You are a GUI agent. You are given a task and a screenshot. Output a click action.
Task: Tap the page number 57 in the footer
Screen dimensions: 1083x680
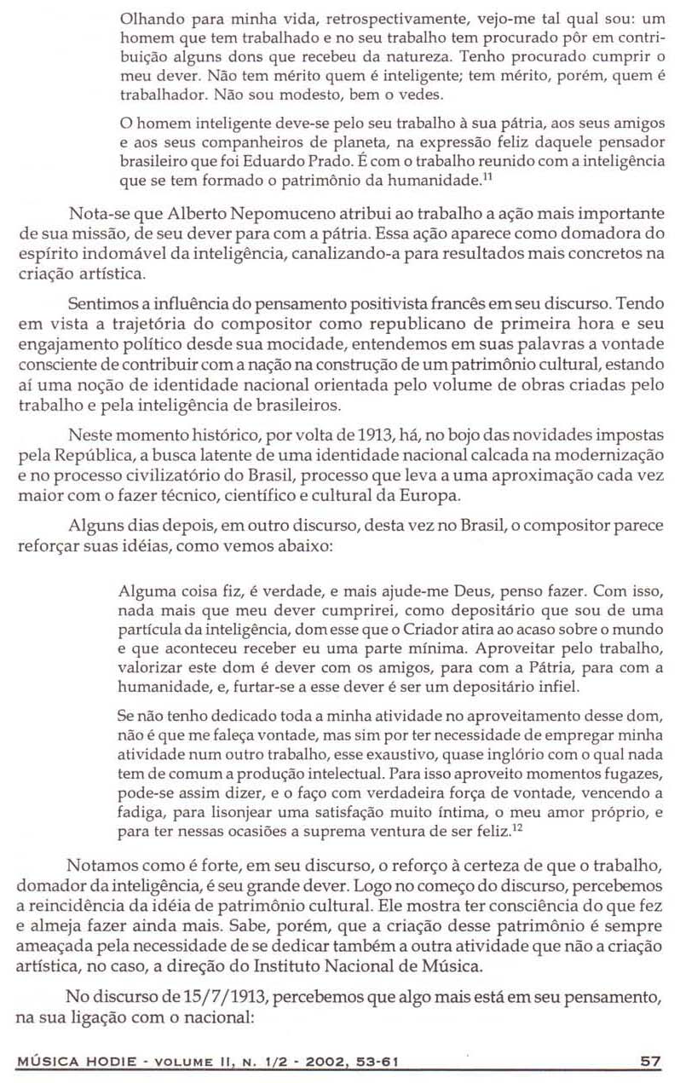(x=651, y=1061)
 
